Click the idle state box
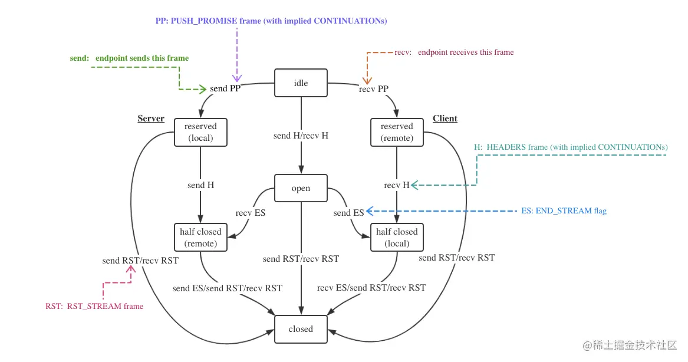coord(301,83)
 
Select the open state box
coord(301,188)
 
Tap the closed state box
coord(301,329)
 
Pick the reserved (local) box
coord(200,132)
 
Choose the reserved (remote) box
coord(397,132)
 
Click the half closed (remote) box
coord(200,238)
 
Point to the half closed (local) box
coord(397,238)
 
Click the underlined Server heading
coord(150,119)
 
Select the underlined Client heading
coord(445,119)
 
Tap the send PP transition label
coord(225,88)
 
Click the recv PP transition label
coord(373,89)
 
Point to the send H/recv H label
coord(301,136)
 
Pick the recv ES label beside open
coord(250,213)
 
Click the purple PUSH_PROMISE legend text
coord(271,21)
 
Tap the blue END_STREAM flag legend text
coord(564,210)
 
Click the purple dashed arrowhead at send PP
coord(237,78)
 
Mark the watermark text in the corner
coord(630,345)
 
